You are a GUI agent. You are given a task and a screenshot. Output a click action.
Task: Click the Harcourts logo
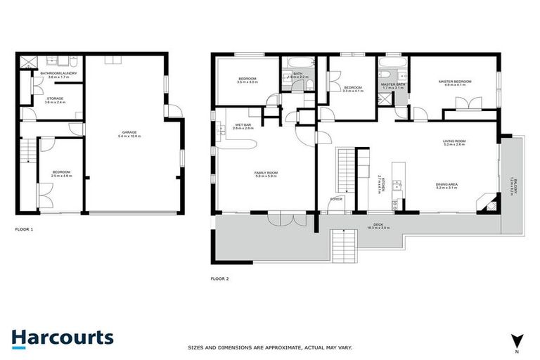(x=62, y=337)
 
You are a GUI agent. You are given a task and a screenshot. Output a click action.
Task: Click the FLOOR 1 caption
(x=24, y=230)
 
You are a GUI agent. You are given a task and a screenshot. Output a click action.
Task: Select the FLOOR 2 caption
(x=220, y=278)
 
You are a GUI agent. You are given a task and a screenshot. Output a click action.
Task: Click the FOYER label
(x=335, y=200)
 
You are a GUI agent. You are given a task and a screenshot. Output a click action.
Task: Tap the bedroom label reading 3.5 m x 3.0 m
(x=247, y=80)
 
